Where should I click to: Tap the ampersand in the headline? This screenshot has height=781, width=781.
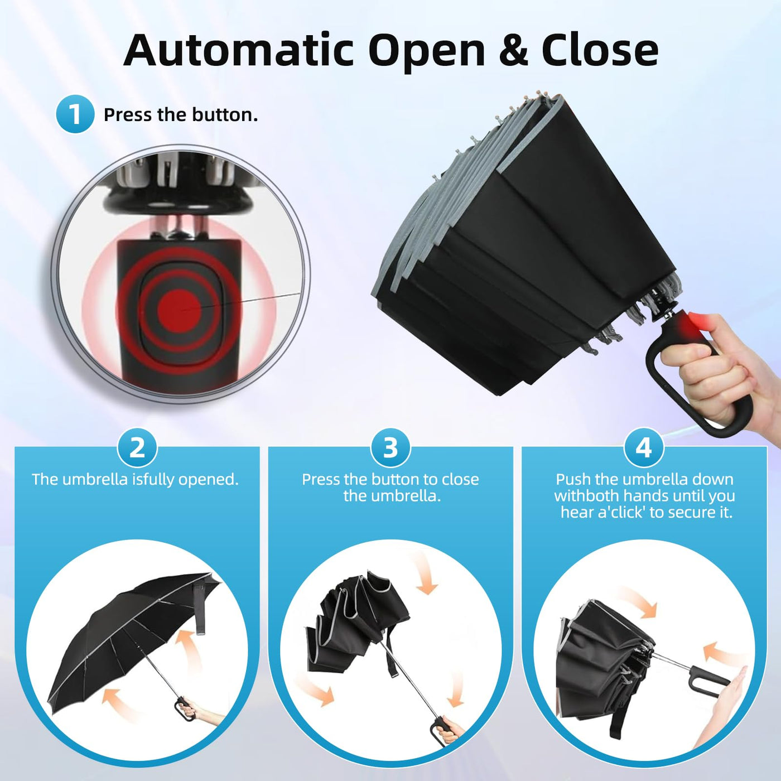point(513,50)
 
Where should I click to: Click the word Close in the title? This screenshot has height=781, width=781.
point(600,50)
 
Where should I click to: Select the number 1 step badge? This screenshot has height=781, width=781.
point(75,114)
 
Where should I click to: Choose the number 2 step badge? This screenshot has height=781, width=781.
point(137,449)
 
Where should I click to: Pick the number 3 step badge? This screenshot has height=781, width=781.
point(390,449)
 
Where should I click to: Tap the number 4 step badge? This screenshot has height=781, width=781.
point(644,449)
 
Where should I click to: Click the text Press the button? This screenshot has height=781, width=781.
point(181,115)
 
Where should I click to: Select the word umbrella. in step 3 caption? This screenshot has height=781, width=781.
point(392,496)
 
